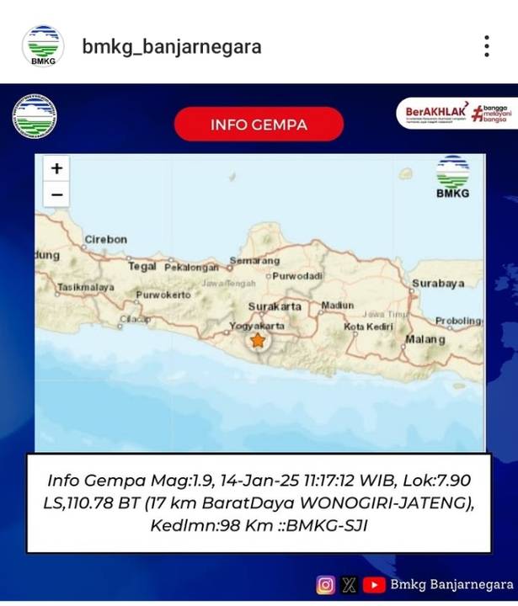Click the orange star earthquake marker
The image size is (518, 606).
coord(257,341)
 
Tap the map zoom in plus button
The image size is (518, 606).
coord(56,168)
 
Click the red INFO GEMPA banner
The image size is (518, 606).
coord(259,125)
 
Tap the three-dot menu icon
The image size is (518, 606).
coord(486,46)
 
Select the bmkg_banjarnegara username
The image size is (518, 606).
coord(172,46)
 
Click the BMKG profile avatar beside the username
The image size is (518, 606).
coord(42,45)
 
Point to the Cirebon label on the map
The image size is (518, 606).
coord(105,240)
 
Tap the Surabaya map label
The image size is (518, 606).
coord(438,284)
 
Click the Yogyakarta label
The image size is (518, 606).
coord(257,326)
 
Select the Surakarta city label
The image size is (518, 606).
coord(275,306)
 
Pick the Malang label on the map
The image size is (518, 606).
coord(425,339)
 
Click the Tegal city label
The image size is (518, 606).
coord(142,266)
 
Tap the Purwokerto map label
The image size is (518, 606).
coord(163,295)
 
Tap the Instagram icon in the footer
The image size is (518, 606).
coord(325,584)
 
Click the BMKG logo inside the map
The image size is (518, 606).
coord(452,178)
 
